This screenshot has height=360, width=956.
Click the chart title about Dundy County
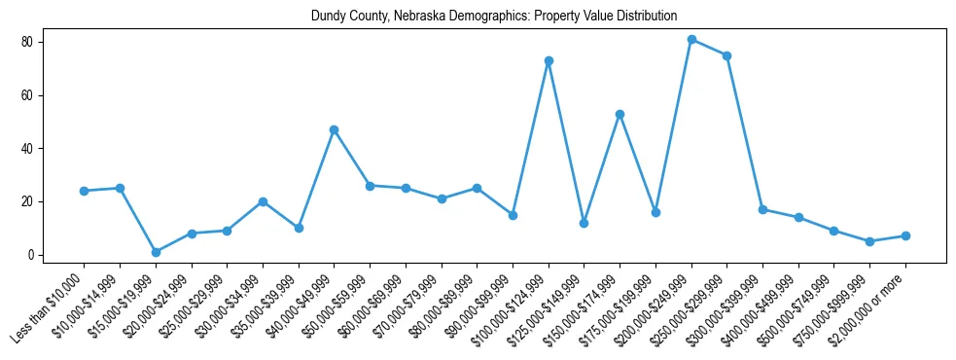493,17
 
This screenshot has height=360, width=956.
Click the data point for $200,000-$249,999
691,40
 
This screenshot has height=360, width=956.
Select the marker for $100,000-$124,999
549,61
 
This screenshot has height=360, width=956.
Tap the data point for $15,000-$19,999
156,252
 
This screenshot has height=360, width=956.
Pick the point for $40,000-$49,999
334,129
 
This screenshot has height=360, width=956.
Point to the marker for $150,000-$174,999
620,114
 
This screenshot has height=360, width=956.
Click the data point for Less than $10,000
84,191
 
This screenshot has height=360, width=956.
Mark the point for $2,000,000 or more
905,236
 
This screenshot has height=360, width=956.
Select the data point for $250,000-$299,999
726,55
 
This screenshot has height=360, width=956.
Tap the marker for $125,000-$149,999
584,223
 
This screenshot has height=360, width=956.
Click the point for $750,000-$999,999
869,241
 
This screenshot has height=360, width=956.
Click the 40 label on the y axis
34,149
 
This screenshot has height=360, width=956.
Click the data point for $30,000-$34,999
263,201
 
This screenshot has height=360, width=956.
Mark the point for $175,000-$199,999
655,212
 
